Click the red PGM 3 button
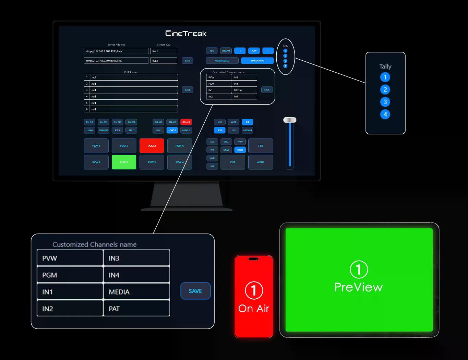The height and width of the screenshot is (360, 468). tap(152, 146)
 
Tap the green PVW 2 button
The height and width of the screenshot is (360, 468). tap(124, 162)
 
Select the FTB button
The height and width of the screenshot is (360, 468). tap(260, 146)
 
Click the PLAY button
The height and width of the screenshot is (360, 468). tap(254, 51)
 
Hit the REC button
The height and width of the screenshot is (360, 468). tap(212, 51)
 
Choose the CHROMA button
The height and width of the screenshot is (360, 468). tap(104, 130)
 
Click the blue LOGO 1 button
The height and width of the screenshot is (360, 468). tap(172, 130)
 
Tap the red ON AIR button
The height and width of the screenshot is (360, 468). tap(186, 122)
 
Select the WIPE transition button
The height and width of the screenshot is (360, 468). tap(233, 122)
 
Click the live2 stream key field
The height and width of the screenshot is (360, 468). tap(164, 61)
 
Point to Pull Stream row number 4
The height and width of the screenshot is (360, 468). tap(131, 96)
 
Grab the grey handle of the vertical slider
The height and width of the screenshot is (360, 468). tap(290, 120)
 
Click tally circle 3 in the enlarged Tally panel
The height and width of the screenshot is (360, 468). tap(385, 102)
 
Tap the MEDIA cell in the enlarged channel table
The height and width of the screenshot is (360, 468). tap(136, 292)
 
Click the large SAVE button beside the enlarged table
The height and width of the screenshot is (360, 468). tap(195, 291)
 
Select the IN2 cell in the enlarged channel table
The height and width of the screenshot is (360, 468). tap(70, 309)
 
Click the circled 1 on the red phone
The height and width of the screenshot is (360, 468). tap(254, 290)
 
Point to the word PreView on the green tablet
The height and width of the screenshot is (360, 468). tap(358, 287)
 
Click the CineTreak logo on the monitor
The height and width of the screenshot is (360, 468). tap(186, 33)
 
